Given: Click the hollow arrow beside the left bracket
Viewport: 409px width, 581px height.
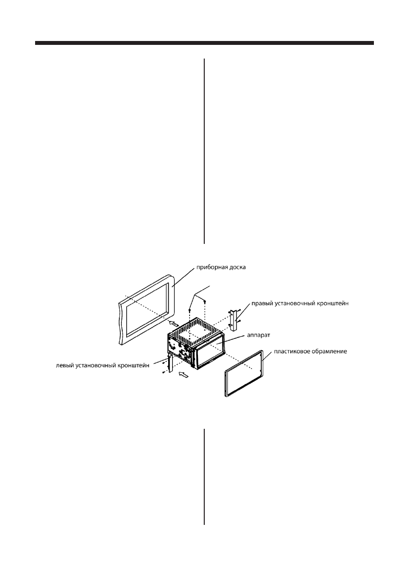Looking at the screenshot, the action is click(x=183, y=375).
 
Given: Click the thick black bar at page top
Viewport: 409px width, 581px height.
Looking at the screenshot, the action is click(x=204, y=44).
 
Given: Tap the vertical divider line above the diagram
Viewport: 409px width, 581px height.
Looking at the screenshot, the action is click(x=204, y=151).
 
